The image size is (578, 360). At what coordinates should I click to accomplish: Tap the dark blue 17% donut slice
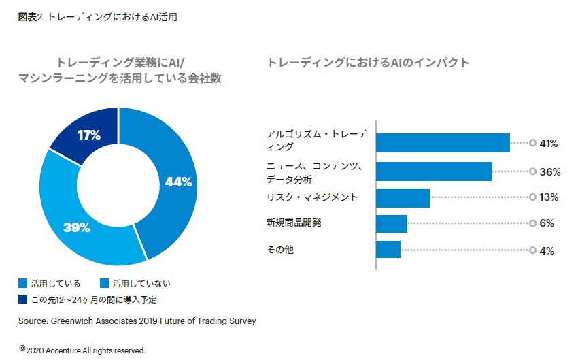pos(88,135)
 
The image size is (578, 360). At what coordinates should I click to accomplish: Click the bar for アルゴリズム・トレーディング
pos(443,143)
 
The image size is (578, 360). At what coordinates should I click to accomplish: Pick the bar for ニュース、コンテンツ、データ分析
pos(434,171)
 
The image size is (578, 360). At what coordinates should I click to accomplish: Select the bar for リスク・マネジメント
pos(403,197)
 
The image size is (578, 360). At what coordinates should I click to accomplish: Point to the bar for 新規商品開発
pos(392,223)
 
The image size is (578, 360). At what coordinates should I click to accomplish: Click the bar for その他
pos(388,249)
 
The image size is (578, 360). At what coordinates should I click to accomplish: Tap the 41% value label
pos(548,144)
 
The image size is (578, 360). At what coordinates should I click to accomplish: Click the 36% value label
pos(549,172)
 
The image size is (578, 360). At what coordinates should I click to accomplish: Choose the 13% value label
pos(549,198)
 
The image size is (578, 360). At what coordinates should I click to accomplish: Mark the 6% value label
pos(547,224)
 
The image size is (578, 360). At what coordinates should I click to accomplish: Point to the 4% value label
pos(547,250)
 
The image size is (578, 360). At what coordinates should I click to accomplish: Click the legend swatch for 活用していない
pos(105,283)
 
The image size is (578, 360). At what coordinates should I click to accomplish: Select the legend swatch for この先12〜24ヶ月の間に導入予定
pos(23,299)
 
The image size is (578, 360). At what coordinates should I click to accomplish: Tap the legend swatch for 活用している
pos(23,283)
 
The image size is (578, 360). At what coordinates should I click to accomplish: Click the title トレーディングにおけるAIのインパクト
pos(368,63)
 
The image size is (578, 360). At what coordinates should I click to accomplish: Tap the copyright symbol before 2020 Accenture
pos(22,348)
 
